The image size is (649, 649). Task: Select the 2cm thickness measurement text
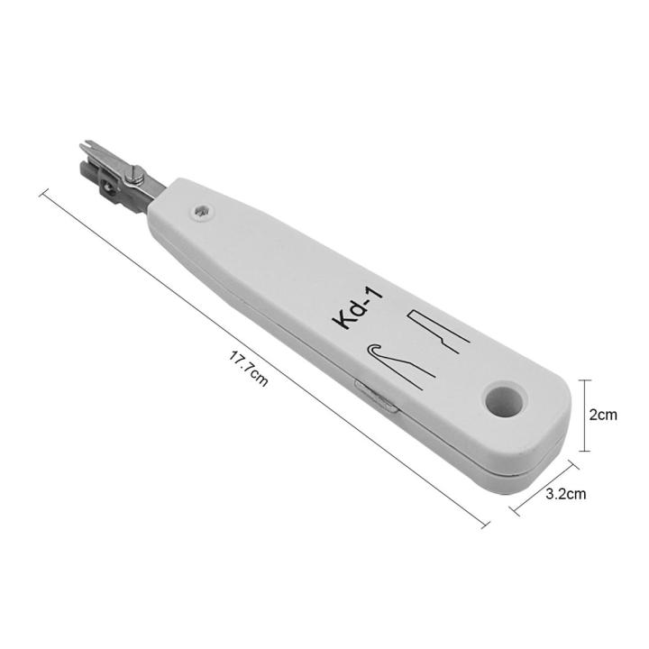coord(602,416)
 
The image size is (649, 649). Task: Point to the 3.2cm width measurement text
coord(567,493)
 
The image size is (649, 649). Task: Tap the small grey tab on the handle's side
coord(377,396)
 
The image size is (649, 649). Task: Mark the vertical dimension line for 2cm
coord(585,415)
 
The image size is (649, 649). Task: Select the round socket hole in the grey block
coord(109,187)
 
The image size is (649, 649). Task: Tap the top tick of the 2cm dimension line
coord(585,379)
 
